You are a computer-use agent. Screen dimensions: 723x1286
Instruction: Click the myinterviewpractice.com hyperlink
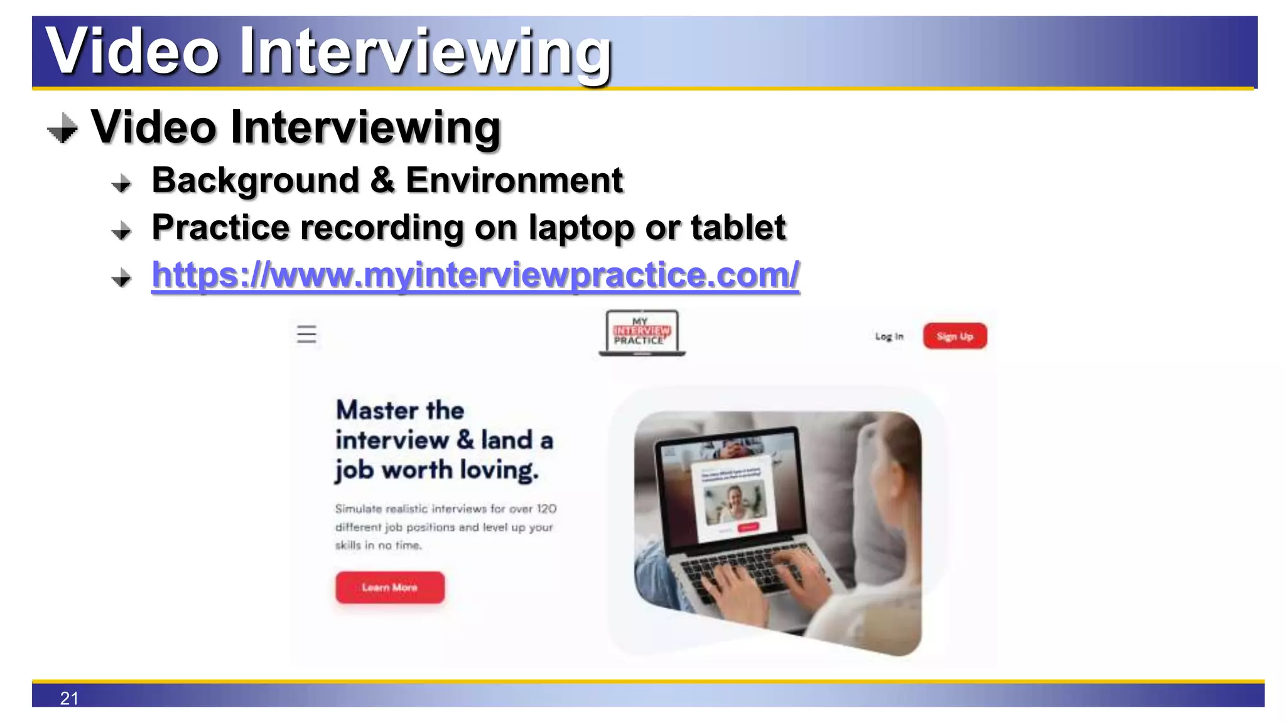click(475, 275)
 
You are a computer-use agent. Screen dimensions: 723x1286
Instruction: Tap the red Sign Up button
click(954, 336)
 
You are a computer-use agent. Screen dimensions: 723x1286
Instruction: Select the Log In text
click(889, 336)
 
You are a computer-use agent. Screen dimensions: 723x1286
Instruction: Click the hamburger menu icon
click(306, 334)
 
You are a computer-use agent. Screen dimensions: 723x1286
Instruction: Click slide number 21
click(69, 698)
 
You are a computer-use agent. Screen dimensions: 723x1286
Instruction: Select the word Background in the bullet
click(256, 181)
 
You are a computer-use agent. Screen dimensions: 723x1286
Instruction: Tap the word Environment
click(514, 181)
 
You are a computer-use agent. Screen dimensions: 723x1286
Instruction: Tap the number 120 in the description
click(546, 508)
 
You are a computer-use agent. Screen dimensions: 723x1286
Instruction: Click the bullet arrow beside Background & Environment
click(122, 183)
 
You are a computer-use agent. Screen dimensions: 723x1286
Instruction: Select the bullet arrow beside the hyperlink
click(122, 277)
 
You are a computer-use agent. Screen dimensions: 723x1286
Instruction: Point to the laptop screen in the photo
click(728, 490)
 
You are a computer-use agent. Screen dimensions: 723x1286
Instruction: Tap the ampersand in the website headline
click(465, 439)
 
